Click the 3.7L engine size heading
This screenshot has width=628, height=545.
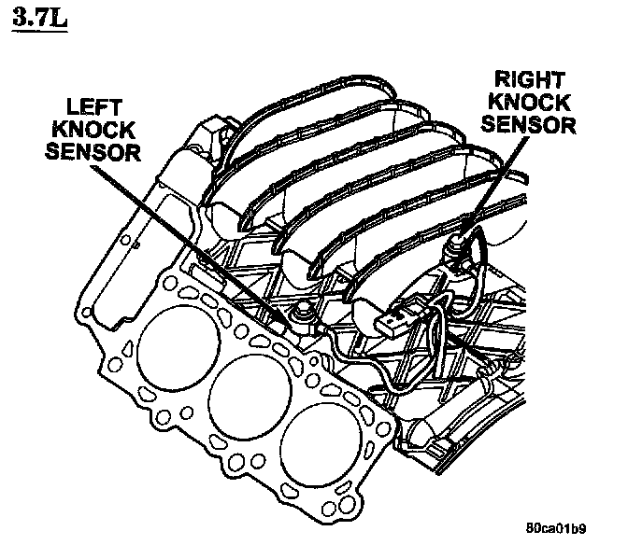(x=39, y=17)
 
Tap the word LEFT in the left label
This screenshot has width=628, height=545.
(x=94, y=107)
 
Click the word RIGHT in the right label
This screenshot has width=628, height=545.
(x=530, y=79)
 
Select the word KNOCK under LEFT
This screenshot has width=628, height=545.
(x=93, y=130)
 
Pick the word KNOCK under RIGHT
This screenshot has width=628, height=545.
(x=529, y=103)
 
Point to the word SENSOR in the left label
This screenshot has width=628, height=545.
(x=93, y=152)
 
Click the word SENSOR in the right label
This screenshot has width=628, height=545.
(x=529, y=125)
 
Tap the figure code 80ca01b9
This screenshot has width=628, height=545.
(x=556, y=528)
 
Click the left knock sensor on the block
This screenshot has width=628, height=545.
(x=303, y=315)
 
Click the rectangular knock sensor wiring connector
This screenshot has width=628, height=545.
(x=396, y=315)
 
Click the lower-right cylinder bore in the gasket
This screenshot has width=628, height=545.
(x=321, y=444)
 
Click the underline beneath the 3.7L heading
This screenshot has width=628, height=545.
(x=39, y=31)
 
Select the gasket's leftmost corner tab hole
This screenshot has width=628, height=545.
(x=86, y=312)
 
